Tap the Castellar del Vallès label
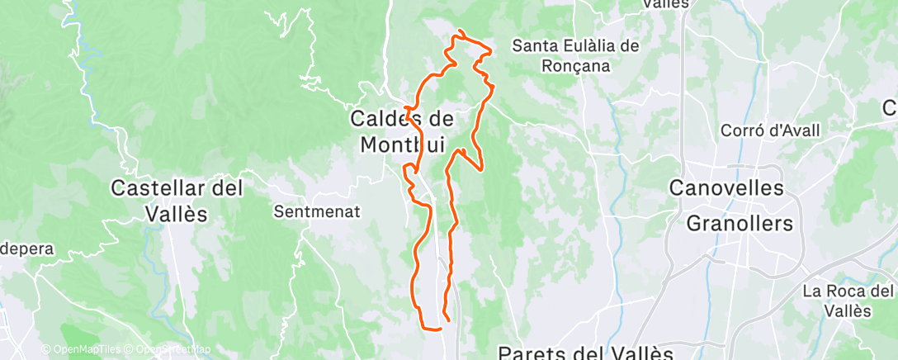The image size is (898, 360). pos(177,201)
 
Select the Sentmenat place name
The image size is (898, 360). pos(316,211)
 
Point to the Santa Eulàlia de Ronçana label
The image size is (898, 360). pos(575,55)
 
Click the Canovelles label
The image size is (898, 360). pos(725,188)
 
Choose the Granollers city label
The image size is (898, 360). pos(740,223)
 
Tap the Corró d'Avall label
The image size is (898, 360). pos(761,130)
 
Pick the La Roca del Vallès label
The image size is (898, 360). pos(848,301)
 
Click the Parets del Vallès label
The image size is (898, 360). pos(585,353)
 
